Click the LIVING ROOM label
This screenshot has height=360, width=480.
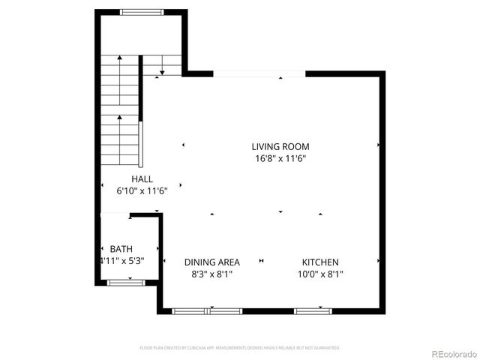(280, 147)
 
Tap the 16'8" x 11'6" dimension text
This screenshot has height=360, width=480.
(280, 159)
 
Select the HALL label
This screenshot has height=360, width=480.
(142, 179)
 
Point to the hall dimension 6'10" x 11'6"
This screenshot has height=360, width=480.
(142, 191)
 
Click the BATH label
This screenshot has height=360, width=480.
(121, 249)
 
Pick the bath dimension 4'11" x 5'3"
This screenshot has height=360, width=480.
(121, 261)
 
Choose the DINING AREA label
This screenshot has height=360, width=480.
(212, 262)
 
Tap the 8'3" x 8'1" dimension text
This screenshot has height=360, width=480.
(212, 274)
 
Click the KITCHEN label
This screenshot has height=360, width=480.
(320, 262)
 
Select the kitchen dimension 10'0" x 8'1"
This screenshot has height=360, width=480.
(320, 274)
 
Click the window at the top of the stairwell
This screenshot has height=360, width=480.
(142, 12)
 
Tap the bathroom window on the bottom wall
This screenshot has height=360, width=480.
(126, 282)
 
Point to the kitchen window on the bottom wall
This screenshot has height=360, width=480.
(313, 310)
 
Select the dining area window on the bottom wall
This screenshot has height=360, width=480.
(207, 310)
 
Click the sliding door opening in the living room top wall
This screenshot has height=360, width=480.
(259, 73)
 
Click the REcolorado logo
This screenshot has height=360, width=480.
(452, 352)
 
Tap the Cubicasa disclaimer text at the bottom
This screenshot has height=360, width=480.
(240, 348)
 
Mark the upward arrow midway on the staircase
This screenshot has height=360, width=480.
(119, 117)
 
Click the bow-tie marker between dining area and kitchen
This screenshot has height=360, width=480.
(261, 261)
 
